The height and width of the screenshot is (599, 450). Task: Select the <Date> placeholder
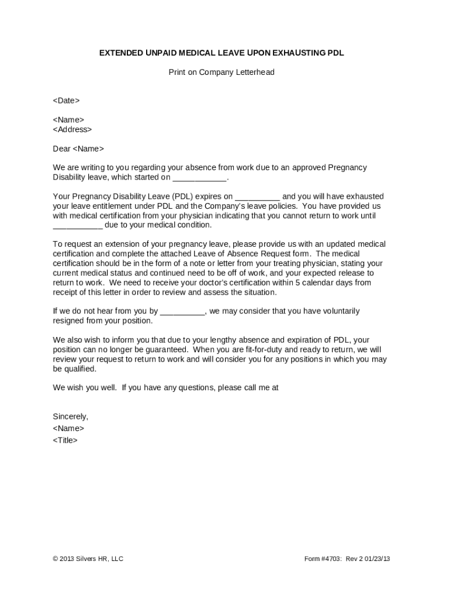click(x=66, y=101)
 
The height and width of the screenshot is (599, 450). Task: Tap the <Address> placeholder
click(x=72, y=129)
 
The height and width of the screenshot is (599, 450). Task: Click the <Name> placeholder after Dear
click(x=88, y=149)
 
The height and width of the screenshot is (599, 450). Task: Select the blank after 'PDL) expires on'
click(x=258, y=197)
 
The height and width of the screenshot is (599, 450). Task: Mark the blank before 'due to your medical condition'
click(x=78, y=225)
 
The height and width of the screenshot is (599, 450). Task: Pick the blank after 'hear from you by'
click(x=182, y=312)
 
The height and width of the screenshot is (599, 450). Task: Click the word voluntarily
click(x=339, y=311)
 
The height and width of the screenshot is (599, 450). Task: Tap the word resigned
click(x=69, y=321)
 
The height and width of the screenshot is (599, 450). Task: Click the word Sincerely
click(x=71, y=416)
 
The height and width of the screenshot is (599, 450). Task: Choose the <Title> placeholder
click(x=65, y=440)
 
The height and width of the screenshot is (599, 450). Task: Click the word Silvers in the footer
click(x=84, y=559)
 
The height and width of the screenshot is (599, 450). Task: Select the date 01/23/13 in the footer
click(x=377, y=559)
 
